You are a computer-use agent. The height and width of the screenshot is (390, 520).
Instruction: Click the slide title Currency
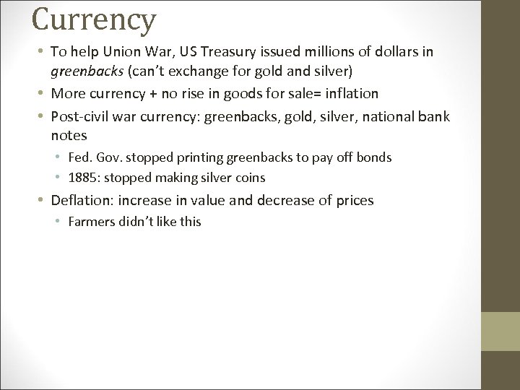click(94, 19)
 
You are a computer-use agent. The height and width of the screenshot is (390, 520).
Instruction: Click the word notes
click(69, 135)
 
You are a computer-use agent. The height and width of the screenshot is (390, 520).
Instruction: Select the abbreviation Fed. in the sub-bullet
click(79, 157)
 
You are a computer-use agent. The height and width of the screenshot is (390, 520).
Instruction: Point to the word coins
click(249, 178)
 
